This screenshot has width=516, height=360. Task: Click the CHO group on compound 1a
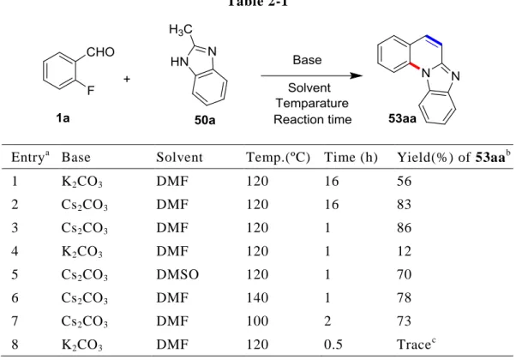point(100,52)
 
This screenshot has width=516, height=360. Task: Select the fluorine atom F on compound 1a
point(91,90)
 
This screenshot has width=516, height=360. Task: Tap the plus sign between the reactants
point(127,79)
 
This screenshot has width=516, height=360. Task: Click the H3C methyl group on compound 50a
point(181,30)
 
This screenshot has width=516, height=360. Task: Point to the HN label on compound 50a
point(180,62)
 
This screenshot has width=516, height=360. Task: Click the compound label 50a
point(205,120)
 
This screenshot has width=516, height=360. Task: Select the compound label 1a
point(63,117)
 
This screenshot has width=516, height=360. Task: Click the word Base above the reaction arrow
point(307,60)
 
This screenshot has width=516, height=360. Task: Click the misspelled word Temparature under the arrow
point(312,103)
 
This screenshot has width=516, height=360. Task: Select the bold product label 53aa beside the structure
point(402,118)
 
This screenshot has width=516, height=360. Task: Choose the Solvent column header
point(179,158)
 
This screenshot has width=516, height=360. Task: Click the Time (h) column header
point(351,158)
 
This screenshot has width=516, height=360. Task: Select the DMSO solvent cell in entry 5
point(177,274)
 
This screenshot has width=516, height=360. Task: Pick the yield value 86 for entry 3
point(404,228)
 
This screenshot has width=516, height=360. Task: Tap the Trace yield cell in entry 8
point(417,344)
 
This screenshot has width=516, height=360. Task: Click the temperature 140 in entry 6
point(257,297)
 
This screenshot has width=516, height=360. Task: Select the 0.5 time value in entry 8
point(333,345)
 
